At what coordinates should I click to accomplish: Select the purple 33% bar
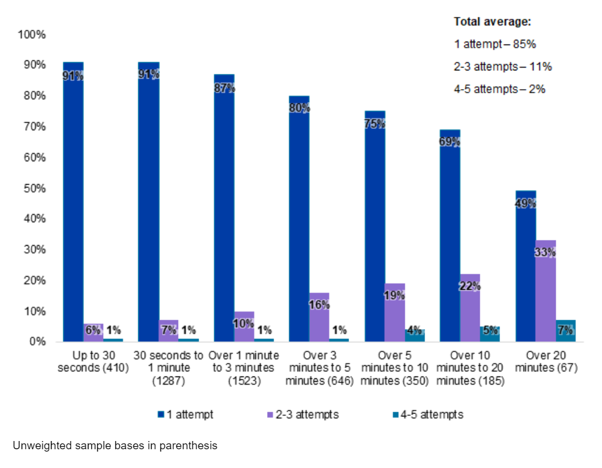point(546,290)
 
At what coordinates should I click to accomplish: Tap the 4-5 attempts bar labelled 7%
point(566,331)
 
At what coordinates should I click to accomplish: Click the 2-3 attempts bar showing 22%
point(470,307)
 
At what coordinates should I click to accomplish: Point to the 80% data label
point(299,108)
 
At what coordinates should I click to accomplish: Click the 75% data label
point(375,124)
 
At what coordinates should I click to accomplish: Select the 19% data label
point(395,296)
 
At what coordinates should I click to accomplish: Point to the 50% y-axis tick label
point(35,188)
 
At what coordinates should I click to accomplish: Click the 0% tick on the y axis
point(37,341)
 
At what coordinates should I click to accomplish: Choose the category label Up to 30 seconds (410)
point(93,362)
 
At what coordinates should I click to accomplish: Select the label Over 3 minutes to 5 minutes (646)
point(319,368)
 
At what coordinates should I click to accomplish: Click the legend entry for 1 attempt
point(185,415)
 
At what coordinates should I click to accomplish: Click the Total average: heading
point(492,22)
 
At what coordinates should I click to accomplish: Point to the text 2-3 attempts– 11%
point(502,66)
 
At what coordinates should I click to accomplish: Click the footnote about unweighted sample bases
point(115,446)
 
